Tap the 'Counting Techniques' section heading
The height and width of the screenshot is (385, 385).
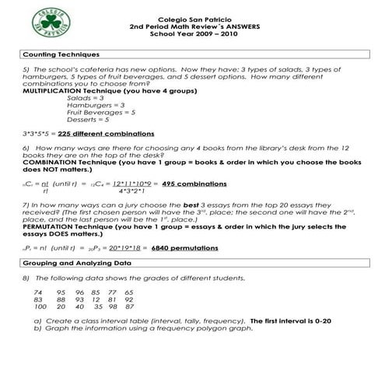tap(61, 54)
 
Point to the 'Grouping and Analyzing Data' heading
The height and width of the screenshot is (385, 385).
tap(75, 264)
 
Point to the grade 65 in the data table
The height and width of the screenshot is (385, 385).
tap(128, 292)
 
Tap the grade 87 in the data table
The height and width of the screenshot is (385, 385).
tap(128, 306)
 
